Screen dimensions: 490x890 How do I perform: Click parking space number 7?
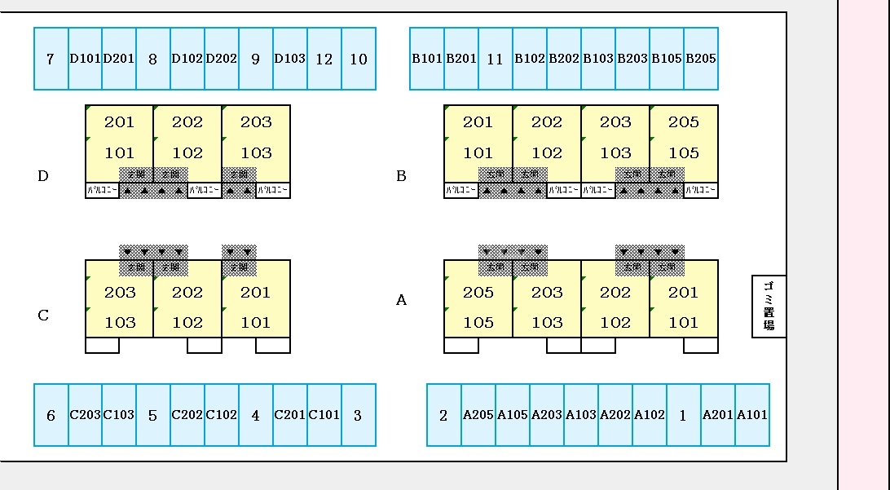tap(51, 59)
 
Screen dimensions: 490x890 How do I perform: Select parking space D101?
tap(85, 59)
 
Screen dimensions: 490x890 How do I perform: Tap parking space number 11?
tap(495, 59)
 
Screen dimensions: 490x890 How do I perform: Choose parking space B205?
tap(701, 59)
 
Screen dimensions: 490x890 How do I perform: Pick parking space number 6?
tap(51, 415)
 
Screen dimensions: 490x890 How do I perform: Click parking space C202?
tap(187, 415)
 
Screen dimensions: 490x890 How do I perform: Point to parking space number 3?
tap(358, 415)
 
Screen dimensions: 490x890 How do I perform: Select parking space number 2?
tap(443, 415)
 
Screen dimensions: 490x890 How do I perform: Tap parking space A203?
tap(547, 415)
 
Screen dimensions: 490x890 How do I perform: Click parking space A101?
tap(752, 415)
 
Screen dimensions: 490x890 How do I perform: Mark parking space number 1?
tap(683, 415)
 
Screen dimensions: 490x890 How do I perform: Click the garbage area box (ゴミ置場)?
tap(769, 306)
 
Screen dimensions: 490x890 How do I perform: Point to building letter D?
tap(43, 175)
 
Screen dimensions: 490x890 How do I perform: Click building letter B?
tap(401, 175)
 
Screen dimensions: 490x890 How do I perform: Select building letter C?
tap(43, 316)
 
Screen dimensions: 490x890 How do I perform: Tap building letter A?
tap(401, 300)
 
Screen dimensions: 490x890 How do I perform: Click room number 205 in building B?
tap(684, 122)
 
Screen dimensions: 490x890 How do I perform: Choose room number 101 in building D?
tap(119, 152)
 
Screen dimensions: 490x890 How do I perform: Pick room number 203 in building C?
tap(120, 292)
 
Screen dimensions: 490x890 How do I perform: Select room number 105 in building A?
tap(478, 322)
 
